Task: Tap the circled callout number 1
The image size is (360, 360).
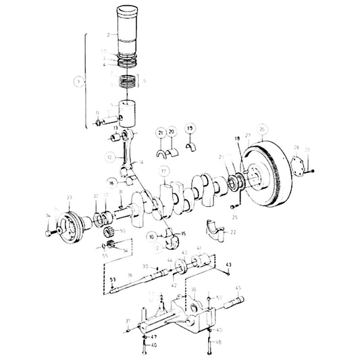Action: pos(80,81)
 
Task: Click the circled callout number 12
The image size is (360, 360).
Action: pos(109,157)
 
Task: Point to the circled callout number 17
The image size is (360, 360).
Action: pos(164,172)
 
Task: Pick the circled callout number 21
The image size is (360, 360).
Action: pos(161,132)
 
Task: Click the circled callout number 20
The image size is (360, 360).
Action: pos(172,132)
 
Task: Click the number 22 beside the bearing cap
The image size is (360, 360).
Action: pos(234,232)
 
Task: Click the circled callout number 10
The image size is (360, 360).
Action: pos(152,237)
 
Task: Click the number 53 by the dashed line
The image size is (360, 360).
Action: pos(112,279)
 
